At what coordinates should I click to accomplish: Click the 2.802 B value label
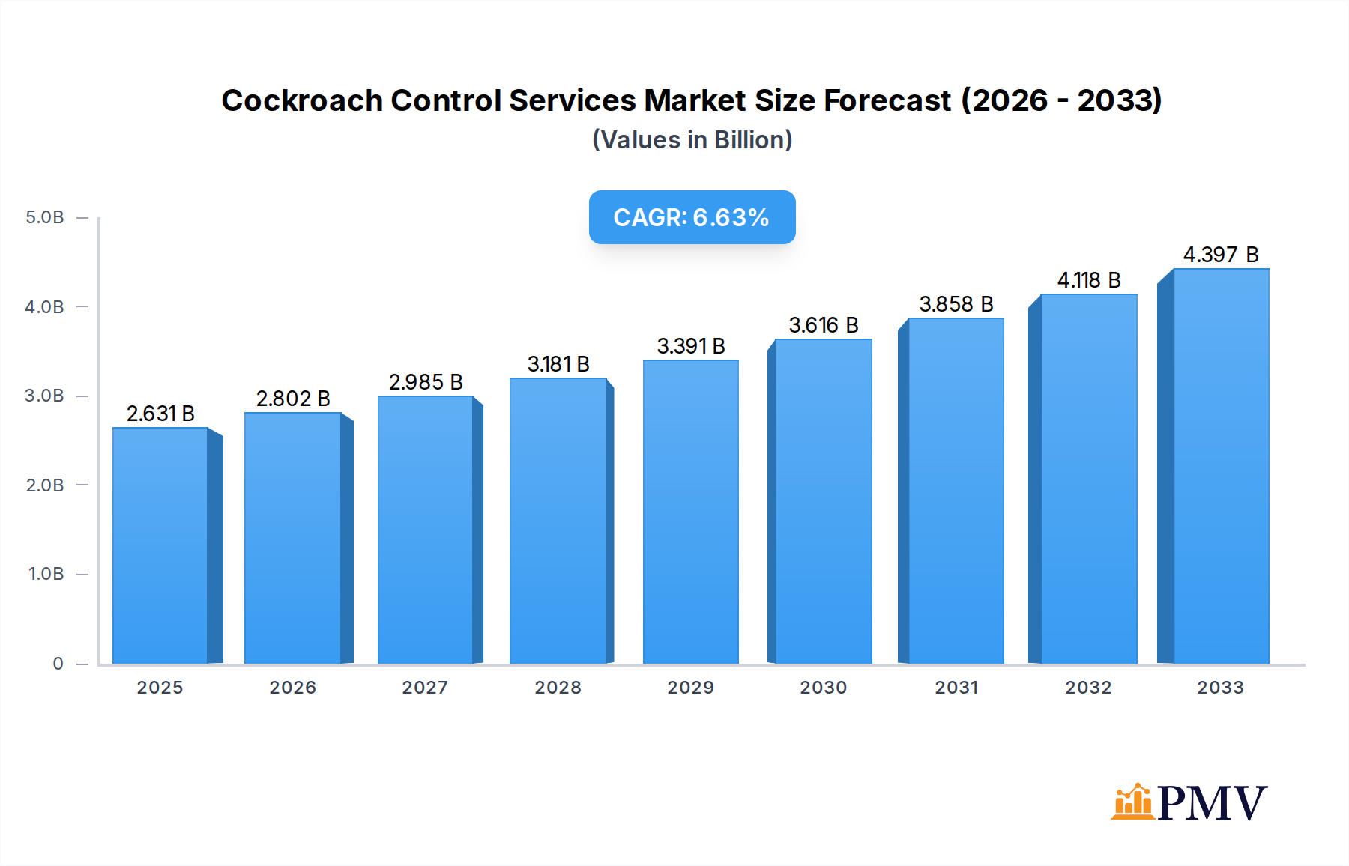point(293,399)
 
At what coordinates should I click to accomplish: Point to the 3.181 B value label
point(558,364)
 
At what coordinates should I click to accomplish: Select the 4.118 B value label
point(1089,280)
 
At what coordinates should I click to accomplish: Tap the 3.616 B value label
point(824,325)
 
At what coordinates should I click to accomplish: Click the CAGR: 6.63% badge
point(692,217)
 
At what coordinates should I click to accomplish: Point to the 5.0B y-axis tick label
point(45,217)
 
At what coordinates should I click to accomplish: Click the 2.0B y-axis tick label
point(45,485)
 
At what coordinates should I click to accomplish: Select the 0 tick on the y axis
point(58,664)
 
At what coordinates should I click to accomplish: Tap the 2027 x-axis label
point(425,688)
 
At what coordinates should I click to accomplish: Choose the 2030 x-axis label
point(824,688)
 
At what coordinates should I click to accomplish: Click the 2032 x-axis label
point(1089,688)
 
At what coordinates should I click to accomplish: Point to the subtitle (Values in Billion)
point(692,140)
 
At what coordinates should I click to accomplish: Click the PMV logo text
point(1212,803)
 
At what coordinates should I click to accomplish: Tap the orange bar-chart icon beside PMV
point(1132,802)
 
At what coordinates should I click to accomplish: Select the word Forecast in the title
point(887,100)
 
